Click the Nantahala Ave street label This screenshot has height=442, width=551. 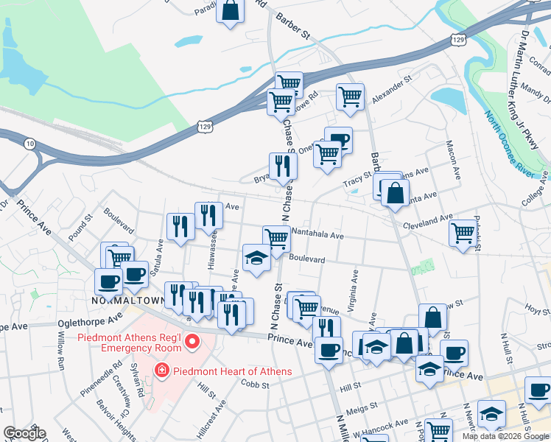pyautogui.click(x=317, y=235)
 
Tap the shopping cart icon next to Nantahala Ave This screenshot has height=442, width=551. pyautogui.click(x=277, y=238)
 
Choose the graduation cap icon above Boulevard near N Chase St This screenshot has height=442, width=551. pyautogui.click(x=256, y=259)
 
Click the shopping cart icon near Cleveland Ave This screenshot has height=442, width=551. pyautogui.click(x=463, y=233)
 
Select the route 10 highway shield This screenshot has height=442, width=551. pyautogui.click(x=29, y=143)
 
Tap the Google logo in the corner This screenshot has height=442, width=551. pyautogui.click(x=24, y=433)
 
